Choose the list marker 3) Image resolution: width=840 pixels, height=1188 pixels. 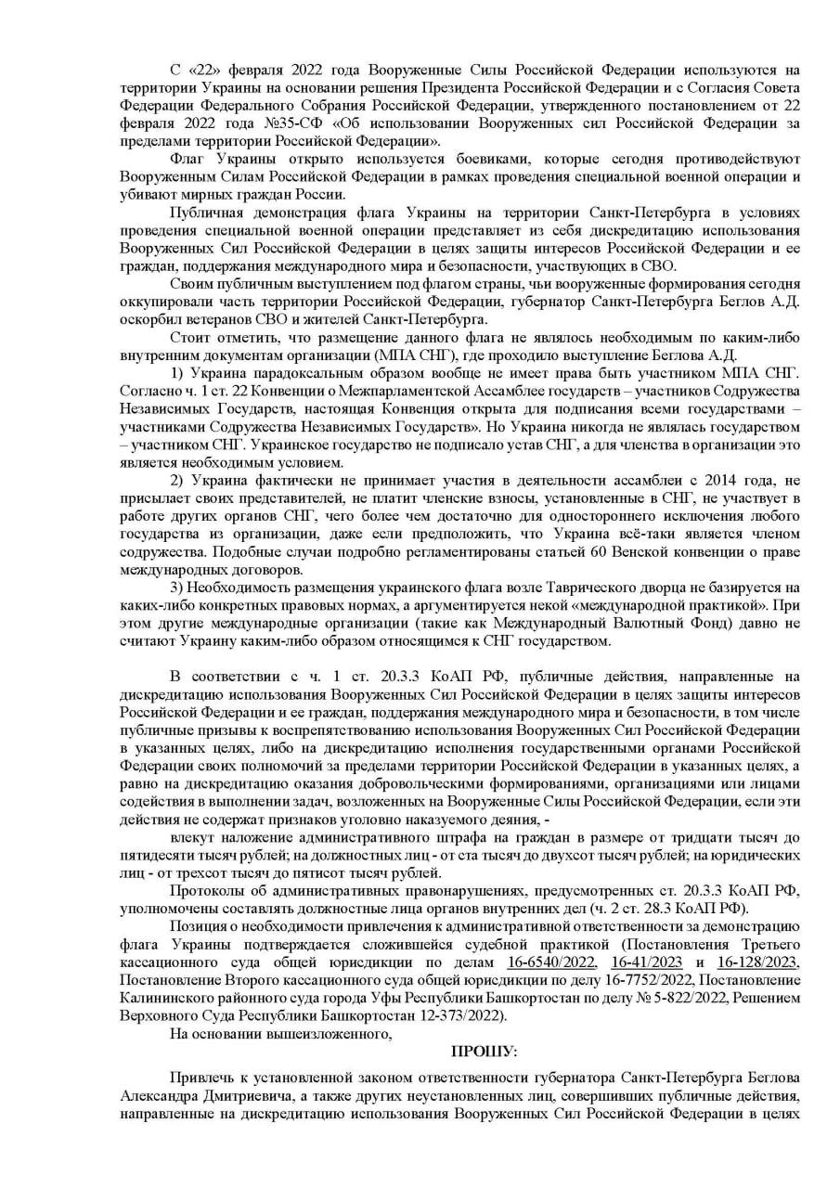pyautogui.click(x=179, y=588)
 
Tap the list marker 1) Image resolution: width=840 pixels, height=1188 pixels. pyautogui.click(x=179, y=372)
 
